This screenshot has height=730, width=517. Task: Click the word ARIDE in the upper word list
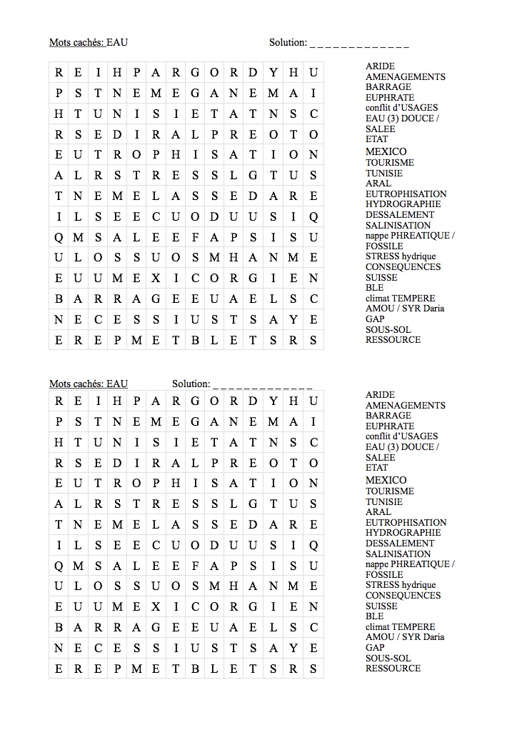tap(380, 66)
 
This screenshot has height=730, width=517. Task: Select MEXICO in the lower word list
tap(386, 480)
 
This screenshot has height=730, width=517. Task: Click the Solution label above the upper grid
tap(288, 42)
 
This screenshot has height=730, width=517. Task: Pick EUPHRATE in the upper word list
tap(390, 97)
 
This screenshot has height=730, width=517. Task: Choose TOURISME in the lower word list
tap(390, 491)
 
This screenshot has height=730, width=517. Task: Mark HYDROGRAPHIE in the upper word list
tap(403, 204)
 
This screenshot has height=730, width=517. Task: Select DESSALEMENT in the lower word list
tap(400, 543)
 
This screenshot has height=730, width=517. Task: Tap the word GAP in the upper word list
tap(375, 319)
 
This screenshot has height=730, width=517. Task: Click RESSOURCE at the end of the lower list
tap(393, 669)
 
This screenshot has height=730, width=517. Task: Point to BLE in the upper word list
tap(374, 287)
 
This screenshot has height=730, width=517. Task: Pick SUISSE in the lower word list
tap(381, 606)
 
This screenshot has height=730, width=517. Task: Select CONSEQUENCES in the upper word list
tap(403, 267)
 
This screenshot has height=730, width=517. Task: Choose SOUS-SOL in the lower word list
tap(388, 658)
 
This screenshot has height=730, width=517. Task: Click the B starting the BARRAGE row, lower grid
tap(59, 627)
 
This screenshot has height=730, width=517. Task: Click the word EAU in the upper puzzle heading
tap(117, 42)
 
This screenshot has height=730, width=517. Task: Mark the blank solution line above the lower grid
tap(263, 384)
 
